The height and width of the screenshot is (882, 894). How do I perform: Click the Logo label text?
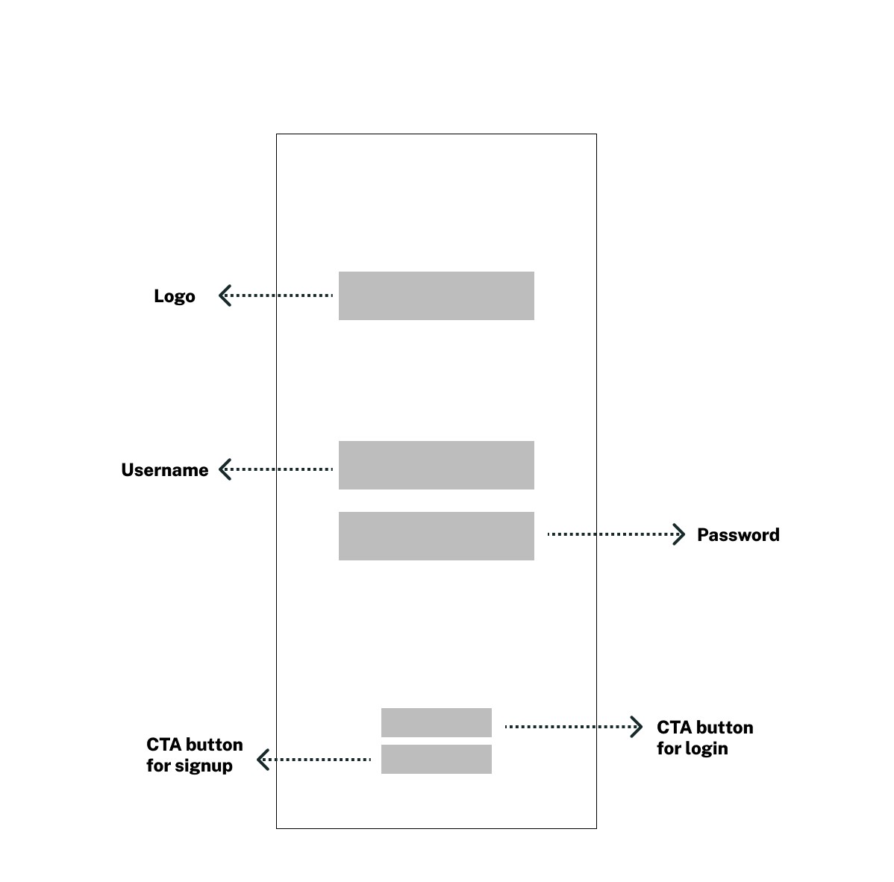(x=174, y=296)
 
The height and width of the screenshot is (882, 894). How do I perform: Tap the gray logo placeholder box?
(x=436, y=295)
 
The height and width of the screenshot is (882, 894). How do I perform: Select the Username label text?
(x=164, y=470)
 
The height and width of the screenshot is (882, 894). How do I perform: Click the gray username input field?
(x=436, y=465)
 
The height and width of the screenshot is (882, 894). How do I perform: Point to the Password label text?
(x=738, y=535)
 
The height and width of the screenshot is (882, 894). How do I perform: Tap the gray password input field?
(x=436, y=536)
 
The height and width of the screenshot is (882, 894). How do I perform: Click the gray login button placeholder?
(x=436, y=722)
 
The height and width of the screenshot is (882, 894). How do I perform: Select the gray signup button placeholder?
(x=436, y=759)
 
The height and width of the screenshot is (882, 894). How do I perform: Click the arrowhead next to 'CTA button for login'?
(x=637, y=726)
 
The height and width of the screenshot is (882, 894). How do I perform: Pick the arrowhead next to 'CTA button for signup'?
(x=263, y=760)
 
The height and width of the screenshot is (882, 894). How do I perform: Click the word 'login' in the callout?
(x=707, y=748)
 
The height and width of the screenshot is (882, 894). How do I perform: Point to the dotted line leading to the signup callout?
(x=321, y=760)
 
